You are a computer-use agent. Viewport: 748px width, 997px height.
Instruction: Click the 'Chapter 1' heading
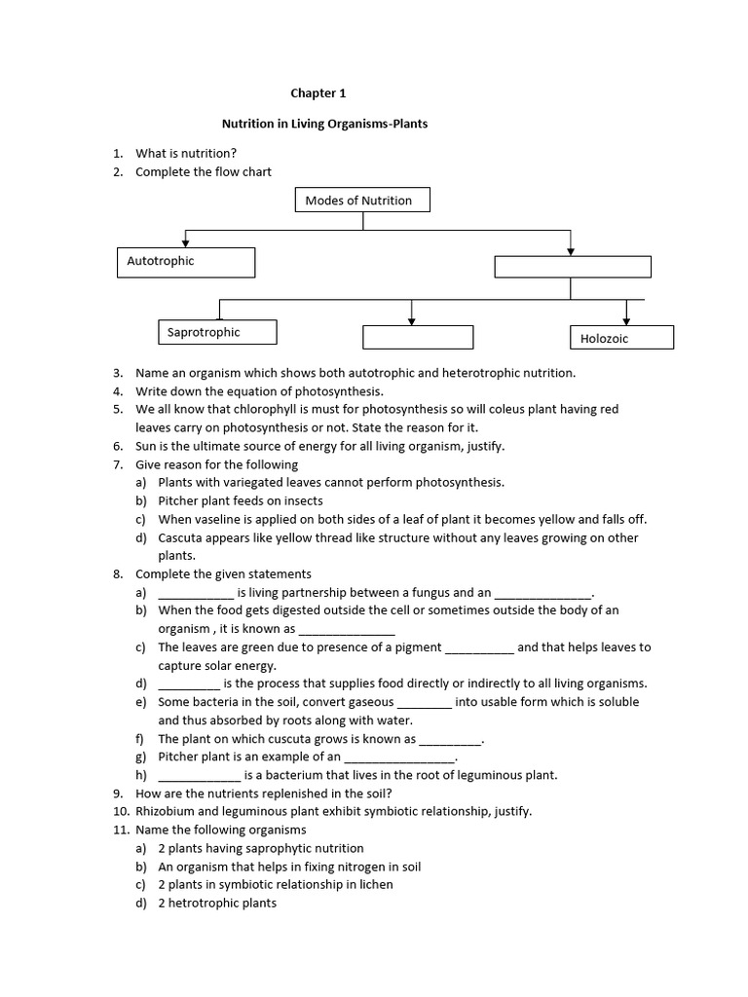tap(318, 93)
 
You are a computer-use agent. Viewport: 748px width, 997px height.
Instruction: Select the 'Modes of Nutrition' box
tap(361, 201)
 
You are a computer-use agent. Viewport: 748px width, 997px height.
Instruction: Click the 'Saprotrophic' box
tap(217, 332)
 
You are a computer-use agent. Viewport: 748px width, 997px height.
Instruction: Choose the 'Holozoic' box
tap(621, 337)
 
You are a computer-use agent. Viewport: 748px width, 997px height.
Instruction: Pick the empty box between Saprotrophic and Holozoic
tap(418, 337)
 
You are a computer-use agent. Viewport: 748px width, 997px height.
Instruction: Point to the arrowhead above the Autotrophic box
tap(185, 241)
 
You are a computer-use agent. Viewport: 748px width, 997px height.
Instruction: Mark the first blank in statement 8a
tap(195, 592)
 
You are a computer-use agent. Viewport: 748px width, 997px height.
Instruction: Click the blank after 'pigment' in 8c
tap(479, 647)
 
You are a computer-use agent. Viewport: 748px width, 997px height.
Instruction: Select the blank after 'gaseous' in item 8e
tap(425, 702)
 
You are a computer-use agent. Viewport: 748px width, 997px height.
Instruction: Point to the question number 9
tap(117, 794)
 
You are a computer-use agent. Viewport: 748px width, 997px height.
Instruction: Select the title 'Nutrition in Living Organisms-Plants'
tap(324, 125)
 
